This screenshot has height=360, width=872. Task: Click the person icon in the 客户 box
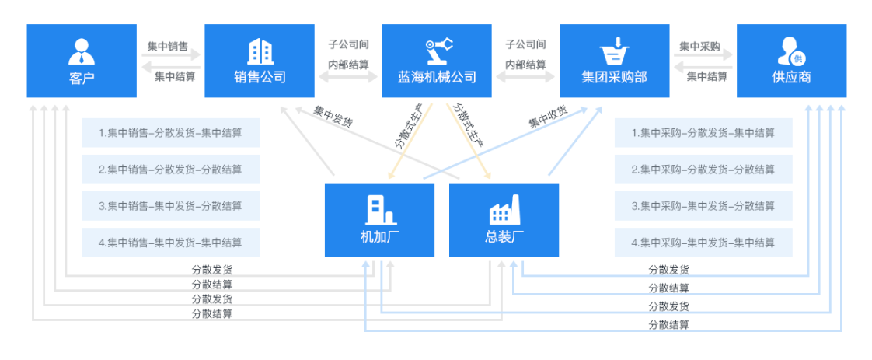pyautogui.click(x=82, y=51)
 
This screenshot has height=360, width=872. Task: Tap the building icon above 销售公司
pyautogui.click(x=260, y=51)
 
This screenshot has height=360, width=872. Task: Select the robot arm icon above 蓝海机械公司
pyautogui.click(x=437, y=51)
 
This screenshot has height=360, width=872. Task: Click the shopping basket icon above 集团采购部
pyautogui.click(x=614, y=51)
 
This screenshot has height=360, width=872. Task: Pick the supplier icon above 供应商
pyautogui.click(x=791, y=51)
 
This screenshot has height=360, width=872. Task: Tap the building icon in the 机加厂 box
pyautogui.click(x=379, y=210)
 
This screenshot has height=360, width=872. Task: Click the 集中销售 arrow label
pyautogui.click(x=168, y=46)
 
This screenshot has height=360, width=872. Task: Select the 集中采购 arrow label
pyautogui.click(x=699, y=46)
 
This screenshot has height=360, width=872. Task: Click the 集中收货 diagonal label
pyautogui.click(x=548, y=117)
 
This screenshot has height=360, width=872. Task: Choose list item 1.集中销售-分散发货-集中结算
pyautogui.click(x=170, y=133)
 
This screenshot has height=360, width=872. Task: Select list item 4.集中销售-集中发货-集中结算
pyautogui.click(x=170, y=243)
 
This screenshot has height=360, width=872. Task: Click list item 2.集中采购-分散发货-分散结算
pyautogui.click(x=703, y=170)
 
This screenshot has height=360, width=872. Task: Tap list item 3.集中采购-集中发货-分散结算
pyautogui.click(x=703, y=206)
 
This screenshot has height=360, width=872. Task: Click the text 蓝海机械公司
pyautogui.click(x=437, y=77)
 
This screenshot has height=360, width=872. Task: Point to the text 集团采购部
pyautogui.click(x=614, y=77)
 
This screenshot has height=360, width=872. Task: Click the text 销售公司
pyautogui.click(x=260, y=77)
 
